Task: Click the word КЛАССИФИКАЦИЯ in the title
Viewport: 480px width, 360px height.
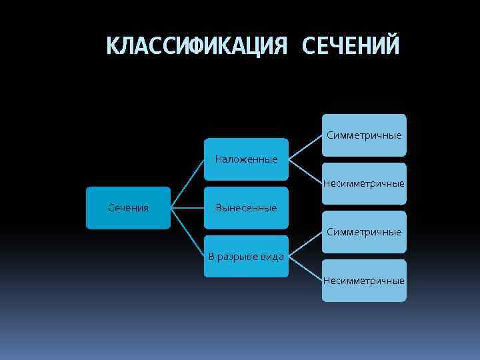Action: tap(197, 46)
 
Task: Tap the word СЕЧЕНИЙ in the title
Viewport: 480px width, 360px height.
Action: tap(351, 46)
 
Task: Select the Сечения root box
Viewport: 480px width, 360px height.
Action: tap(128, 208)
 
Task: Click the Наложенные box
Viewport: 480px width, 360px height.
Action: tap(246, 159)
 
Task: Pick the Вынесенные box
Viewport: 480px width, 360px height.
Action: tap(246, 208)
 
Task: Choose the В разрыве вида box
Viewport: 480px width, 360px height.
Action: tap(246, 257)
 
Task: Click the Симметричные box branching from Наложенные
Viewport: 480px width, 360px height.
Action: tap(364, 135)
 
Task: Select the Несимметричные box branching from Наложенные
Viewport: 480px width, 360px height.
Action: tap(364, 183)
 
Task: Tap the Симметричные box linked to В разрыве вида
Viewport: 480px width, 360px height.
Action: tap(364, 232)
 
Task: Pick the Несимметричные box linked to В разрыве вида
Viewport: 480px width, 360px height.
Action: tap(364, 281)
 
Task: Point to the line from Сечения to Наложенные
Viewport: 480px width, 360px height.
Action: tap(187, 183)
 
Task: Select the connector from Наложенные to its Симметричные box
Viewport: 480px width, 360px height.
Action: tap(305, 147)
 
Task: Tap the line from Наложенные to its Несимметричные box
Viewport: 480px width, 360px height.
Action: tap(305, 171)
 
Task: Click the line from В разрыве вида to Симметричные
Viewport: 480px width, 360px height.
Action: tap(305, 245)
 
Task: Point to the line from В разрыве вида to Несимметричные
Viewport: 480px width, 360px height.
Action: tap(305, 269)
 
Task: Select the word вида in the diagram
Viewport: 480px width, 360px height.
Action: tap(271, 257)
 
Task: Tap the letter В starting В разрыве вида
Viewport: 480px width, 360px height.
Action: tap(212, 257)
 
